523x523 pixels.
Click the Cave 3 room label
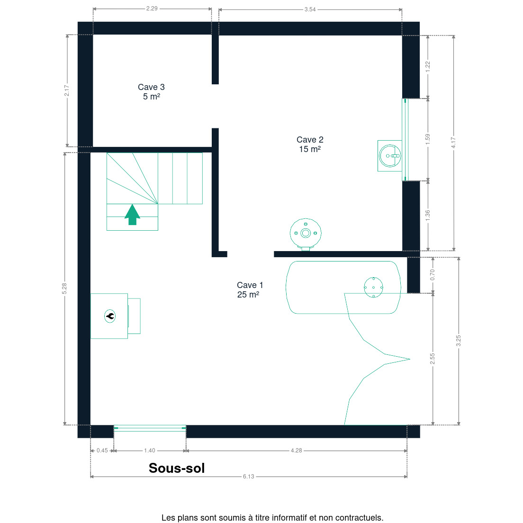152,92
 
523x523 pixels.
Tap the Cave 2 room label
310,144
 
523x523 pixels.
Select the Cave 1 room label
250,290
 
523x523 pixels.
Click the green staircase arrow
133,215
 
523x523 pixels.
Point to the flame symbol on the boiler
110,316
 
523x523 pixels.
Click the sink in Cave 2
389,156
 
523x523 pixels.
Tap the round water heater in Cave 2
306,234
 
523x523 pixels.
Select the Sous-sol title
176,468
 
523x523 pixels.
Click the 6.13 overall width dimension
249,476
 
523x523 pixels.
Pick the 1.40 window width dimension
149,451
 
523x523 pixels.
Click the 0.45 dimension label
102,451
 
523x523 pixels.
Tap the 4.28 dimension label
296,451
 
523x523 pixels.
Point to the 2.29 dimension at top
152,9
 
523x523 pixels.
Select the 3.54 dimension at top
310,9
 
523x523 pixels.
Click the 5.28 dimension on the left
64,289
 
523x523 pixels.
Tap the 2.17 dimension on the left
67,90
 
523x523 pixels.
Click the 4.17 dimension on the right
453,143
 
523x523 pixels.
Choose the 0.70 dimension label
433,275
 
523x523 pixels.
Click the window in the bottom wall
150,428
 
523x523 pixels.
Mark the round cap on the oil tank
374,287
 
